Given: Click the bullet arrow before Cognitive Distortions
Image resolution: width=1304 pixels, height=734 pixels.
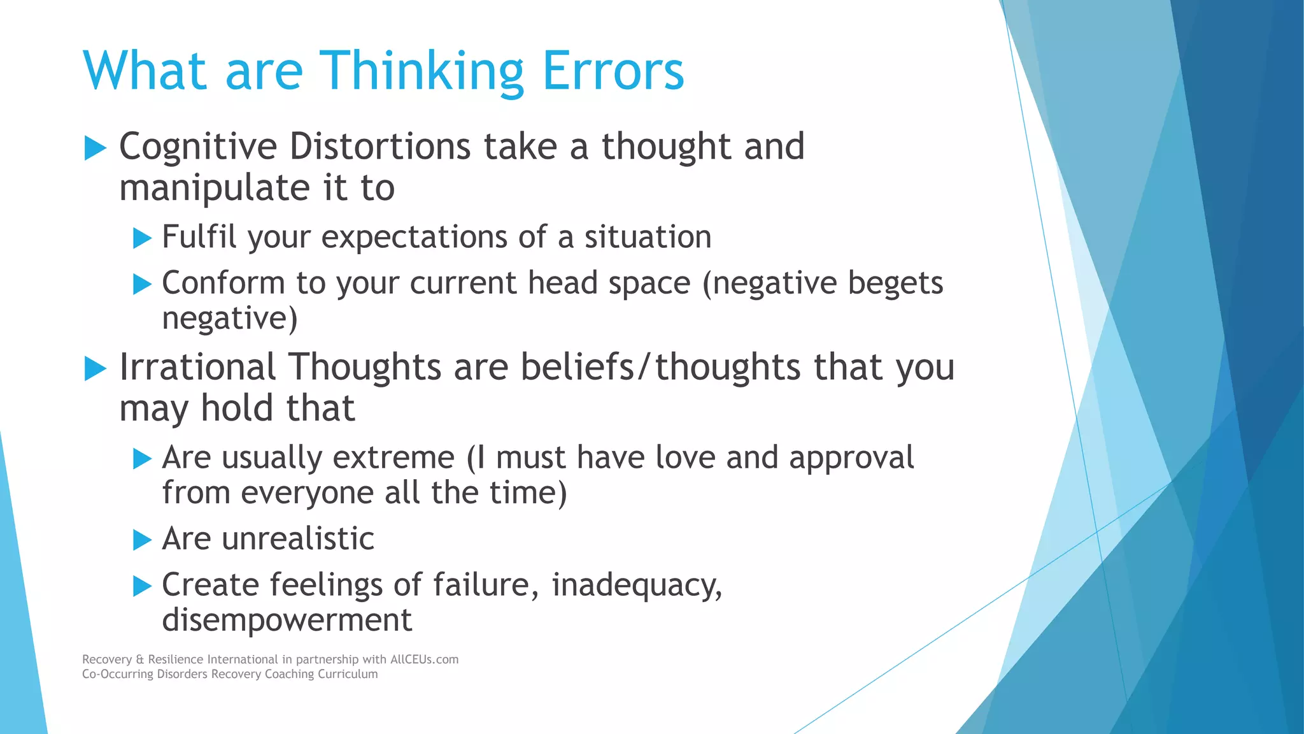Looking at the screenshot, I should click(x=95, y=148).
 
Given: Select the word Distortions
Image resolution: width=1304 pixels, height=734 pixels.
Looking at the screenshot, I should click(x=379, y=147).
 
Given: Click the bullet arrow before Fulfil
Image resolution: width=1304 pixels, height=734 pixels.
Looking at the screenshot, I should click(x=142, y=239).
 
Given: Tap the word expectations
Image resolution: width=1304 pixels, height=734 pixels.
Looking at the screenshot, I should click(x=414, y=238).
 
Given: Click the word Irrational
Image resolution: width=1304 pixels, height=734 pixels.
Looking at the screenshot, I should click(x=197, y=368).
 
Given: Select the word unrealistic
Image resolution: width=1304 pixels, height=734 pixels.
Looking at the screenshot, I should click(x=297, y=539).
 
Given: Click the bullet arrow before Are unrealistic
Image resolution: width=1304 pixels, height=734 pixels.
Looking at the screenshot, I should click(x=142, y=540).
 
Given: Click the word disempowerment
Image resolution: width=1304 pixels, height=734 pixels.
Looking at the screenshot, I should click(x=287, y=620).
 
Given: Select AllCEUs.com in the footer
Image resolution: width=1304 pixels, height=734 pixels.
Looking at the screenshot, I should click(x=424, y=659).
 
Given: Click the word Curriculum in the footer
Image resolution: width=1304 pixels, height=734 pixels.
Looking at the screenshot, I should click(x=348, y=674).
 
